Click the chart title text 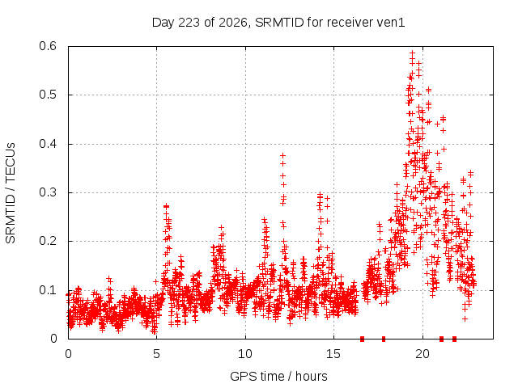(x=278, y=23)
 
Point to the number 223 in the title (x=189, y=23)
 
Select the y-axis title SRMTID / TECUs (x=11, y=193)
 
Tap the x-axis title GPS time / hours (x=278, y=376)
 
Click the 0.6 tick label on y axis (x=48, y=46)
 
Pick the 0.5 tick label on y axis (x=48, y=95)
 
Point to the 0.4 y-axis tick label (x=48, y=144)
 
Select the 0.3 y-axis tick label (x=48, y=192)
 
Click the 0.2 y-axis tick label (x=48, y=241)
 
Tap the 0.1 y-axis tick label (x=48, y=290)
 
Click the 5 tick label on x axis (x=156, y=354)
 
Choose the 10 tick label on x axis (x=245, y=354)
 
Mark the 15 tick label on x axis (x=333, y=354)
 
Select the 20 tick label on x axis (x=422, y=354)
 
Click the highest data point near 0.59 (x=412, y=53)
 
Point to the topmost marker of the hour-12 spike (x=282, y=155)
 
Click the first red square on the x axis (x=362, y=339)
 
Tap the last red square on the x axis (x=454, y=339)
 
